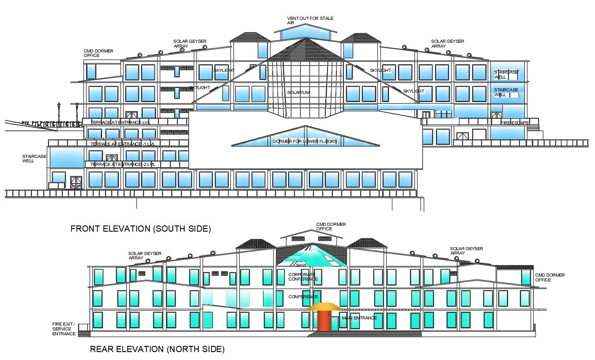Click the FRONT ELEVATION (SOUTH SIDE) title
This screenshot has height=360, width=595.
coord(140,229)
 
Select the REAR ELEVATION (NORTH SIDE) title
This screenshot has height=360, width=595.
coord(157,349)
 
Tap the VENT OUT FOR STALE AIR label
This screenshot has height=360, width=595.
coord(310,20)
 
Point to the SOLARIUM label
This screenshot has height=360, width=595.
coord(298,93)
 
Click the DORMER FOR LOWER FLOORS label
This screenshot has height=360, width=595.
coord(305,142)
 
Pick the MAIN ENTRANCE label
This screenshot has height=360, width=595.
coord(359,318)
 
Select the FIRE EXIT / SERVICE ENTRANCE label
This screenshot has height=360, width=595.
coord(64,329)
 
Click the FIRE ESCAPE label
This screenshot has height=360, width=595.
coord(515,123)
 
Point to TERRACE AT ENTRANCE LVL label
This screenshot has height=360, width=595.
coord(120,122)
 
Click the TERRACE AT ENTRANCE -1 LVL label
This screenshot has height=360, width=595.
coord(122,144)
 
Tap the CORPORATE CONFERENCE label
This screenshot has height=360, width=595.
coord(303,277)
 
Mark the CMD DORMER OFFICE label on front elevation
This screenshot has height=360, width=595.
coord(98,53)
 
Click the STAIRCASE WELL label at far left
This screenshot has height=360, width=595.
coord(34,159)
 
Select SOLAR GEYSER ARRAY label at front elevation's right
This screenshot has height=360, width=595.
coord(447,43)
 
